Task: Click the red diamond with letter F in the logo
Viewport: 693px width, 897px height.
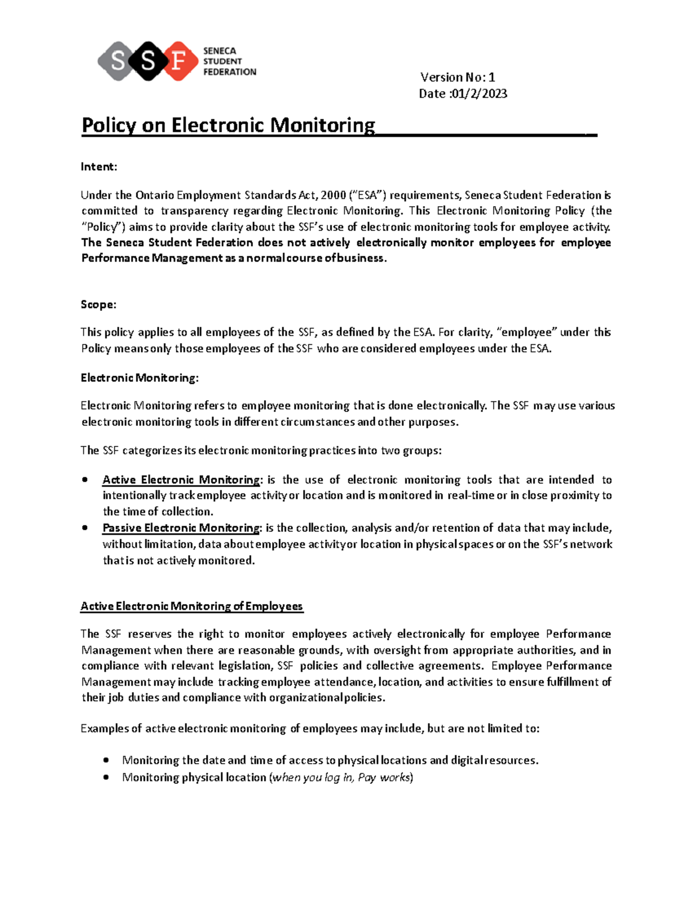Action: pos(178,61)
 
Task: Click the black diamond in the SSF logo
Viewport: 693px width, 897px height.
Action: pos(148,61)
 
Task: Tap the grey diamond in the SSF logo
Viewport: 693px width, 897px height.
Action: pos(118,61)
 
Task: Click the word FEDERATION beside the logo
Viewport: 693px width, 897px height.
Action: pos(229,72)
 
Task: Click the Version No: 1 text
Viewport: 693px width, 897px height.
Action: pos(457,77)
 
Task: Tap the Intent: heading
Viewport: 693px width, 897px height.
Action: pos(99,167)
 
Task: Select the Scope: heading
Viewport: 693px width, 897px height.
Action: pos(98,304)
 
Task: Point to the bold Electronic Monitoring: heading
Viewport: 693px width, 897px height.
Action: pos(139,378)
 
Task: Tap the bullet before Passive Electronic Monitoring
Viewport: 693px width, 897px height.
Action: pos(85,528)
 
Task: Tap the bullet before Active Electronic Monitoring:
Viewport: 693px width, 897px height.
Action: pos(85,480)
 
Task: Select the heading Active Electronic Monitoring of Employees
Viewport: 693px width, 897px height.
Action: pos(192,606)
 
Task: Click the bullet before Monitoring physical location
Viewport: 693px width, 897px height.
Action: pos(106,777)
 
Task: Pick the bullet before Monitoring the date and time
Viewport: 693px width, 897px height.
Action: pos(106,761)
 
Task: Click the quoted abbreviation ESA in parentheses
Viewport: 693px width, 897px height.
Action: pos(368,195)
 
